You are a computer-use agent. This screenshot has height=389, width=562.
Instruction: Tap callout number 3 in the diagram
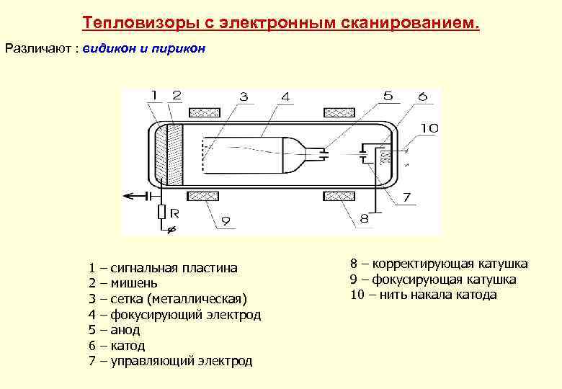click(244, 96)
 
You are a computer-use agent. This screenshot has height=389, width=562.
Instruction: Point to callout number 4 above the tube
click(286, 96)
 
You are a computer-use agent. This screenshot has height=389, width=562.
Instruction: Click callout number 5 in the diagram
click(388, 96)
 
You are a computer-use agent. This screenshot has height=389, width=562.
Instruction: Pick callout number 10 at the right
click(429, 128)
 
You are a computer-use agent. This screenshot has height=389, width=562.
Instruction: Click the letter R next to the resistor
click(175, 214)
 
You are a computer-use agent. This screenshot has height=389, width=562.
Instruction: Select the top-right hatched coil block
click(339, 112)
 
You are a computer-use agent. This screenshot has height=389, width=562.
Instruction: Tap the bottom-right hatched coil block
click(339, 196)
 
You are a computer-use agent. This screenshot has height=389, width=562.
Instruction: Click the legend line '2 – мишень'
click(122, 283)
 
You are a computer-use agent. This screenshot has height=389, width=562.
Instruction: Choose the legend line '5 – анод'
click(115, 330)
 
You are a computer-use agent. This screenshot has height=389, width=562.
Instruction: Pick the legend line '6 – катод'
click(117, 346)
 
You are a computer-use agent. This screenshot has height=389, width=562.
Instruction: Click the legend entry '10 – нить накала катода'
click(424, 295)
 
